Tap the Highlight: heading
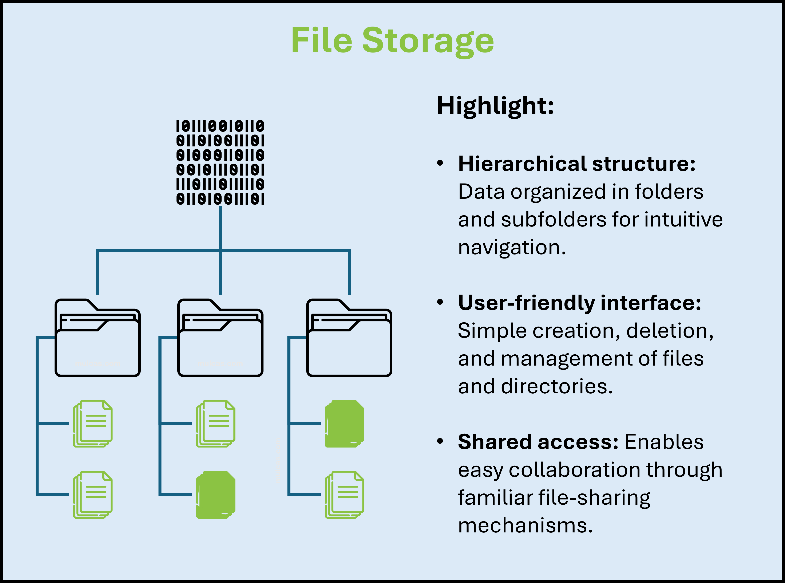pyautogui.click(x=495, y=106)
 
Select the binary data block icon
pyautogui.click(x=220, y=162)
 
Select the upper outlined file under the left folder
pyautogui.click(x=93, y=424)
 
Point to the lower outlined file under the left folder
pyautogui.click(x=93, y=495)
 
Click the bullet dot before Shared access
pyautogui.click(x=440, y=441)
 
